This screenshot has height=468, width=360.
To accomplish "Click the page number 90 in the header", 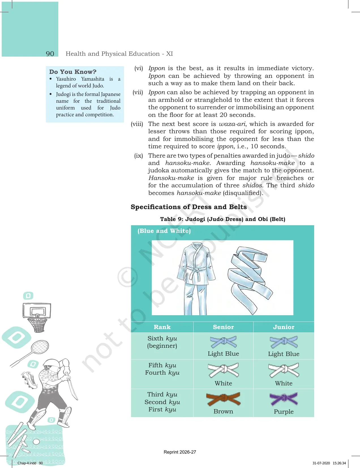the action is pos(50,54).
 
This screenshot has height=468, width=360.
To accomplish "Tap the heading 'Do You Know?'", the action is pos(73,72).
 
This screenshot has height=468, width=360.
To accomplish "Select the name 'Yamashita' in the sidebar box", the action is pos(93,79).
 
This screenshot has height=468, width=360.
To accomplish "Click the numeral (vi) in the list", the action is pos(138,68).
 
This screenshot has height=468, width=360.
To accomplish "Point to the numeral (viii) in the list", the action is pos(137,124).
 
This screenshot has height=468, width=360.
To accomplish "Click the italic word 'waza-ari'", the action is pos(232,124).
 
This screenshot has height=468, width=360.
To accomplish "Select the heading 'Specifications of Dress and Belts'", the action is pos(189,207).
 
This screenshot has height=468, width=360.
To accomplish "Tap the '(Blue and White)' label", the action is pos(164,231).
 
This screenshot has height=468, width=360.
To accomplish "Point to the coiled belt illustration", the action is pos(250,279).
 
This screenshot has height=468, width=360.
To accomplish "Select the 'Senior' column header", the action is pos(223,327).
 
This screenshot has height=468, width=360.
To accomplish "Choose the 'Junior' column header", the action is pos(284,327).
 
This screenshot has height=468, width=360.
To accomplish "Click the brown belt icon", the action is pos(223,399).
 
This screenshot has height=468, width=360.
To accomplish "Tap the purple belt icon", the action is pos(284,399).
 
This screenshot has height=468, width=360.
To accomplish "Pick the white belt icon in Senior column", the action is pos(223,370).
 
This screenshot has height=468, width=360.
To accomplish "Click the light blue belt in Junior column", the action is pos(284,342).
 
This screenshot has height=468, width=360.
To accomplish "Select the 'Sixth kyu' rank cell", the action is pos(162,342).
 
